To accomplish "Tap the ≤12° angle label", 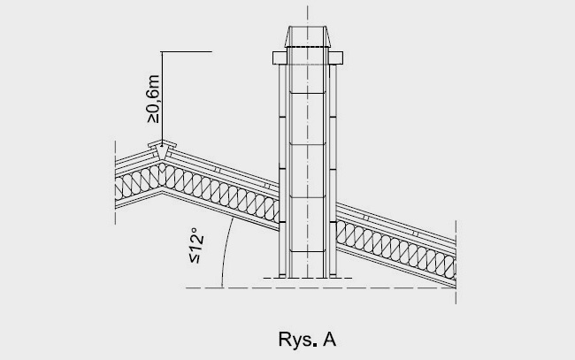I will tap(199, 250).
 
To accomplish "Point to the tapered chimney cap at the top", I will tap(306, 39).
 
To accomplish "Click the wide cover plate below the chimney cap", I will tap(306, 58).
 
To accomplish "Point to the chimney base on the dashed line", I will tap(306, 278).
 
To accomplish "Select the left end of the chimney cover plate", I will tap(274, 58).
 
